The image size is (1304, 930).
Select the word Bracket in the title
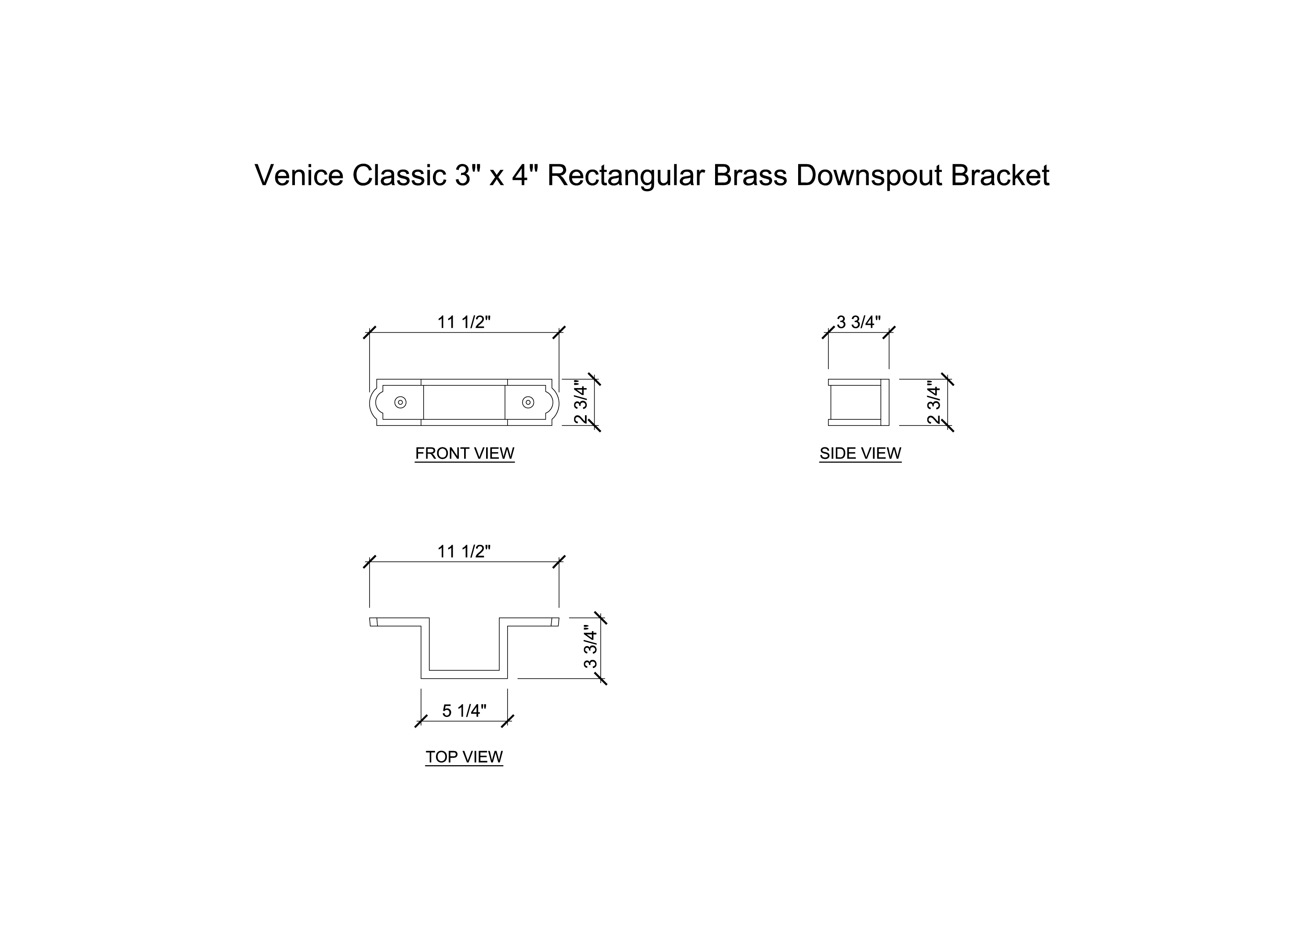coord(1000,175)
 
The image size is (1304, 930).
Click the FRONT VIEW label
coord(465,454)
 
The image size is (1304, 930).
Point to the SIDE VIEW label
coord(860,454)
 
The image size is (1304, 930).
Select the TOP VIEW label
coord(464,757)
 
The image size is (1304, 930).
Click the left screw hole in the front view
coord(401,402)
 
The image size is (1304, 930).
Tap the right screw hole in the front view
coord(528,402)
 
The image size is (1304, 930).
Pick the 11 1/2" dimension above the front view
coord(464,323)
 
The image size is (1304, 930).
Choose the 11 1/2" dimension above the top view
coord(464,552)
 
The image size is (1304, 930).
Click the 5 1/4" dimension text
coord(464,711)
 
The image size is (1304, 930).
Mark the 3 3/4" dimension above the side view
coord(858,323)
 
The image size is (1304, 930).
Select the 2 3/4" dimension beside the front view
coord(581,403)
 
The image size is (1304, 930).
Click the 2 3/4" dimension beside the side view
coord(934,403)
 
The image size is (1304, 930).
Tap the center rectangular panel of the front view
coord(464,402)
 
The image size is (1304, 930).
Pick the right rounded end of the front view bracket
coord(554,402)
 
